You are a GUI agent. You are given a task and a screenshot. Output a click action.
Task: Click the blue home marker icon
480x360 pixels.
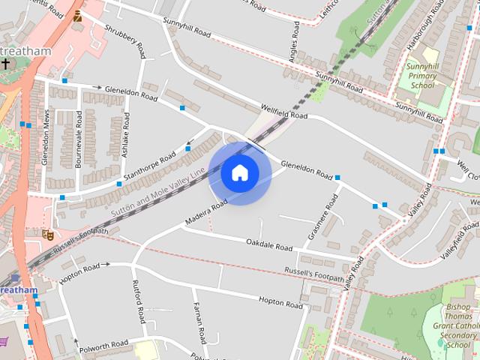coord(240,173)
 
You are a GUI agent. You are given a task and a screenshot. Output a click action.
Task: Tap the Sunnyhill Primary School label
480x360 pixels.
coord(421,76)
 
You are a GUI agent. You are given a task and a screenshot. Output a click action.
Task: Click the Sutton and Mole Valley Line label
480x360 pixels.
coord(157,193)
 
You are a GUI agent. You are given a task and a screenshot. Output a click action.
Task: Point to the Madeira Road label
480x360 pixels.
coord(205,214)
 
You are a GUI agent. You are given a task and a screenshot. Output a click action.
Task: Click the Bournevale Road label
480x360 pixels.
coord(78,139)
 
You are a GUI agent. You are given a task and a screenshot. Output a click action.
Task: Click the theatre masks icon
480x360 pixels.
coord(49,234)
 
